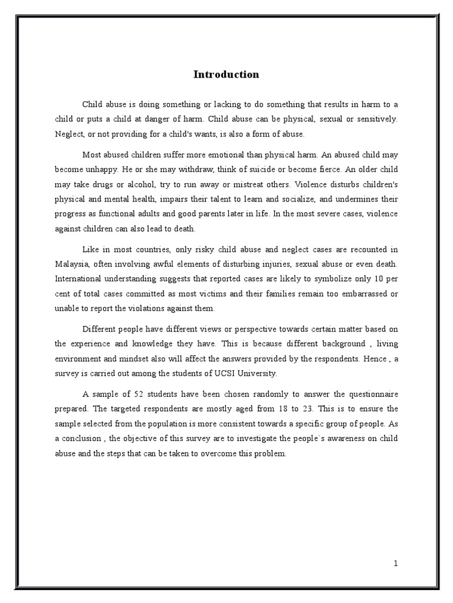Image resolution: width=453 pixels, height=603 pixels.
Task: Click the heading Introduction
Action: click(226, 75)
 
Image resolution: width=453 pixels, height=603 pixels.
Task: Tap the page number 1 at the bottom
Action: click(396, 563)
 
